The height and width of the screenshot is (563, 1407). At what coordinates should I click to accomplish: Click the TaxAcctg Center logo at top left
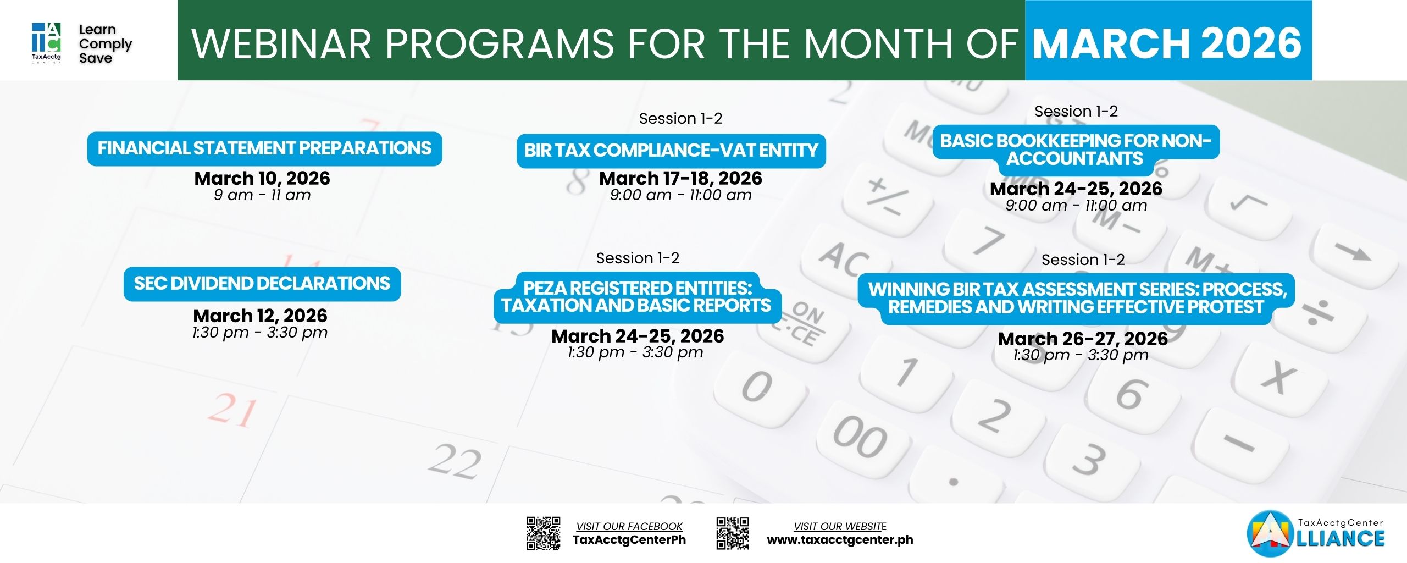(46, 42)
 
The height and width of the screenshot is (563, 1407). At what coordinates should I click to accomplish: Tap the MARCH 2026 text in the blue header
(1167, 43)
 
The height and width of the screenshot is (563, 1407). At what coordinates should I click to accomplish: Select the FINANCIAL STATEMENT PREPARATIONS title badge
(264, 148)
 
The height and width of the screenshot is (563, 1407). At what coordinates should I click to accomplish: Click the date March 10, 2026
(262, 178)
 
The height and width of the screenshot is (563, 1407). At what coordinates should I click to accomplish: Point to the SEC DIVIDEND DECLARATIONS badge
(262, 284)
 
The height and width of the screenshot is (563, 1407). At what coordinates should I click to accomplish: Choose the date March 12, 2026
(260, 316)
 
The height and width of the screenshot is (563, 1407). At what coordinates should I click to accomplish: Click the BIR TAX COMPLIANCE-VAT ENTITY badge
(671, 151)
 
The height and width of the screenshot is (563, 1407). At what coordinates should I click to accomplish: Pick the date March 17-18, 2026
(680, 178)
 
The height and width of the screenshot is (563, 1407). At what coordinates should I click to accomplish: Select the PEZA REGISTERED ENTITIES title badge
(637, 297)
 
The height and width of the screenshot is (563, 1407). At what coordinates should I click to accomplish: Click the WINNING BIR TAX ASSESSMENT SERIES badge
(1076, 299)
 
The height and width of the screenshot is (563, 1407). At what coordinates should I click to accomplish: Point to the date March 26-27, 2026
(1083, 339)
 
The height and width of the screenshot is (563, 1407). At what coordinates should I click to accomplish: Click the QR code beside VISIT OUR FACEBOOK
(544, 533)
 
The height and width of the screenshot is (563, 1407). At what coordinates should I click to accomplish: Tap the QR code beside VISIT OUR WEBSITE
(733, 533)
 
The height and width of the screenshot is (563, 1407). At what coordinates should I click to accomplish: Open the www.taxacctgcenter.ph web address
(840, 540)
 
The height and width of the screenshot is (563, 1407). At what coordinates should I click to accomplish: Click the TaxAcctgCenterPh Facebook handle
(629, 540)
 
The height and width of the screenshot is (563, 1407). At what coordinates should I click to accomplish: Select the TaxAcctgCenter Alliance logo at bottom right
(1316, 533)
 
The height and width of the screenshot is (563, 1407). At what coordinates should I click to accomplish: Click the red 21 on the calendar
(232, 410)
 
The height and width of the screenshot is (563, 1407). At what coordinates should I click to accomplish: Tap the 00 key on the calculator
(860, 437)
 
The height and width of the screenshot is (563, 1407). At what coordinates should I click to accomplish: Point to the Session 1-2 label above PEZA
(638, 258)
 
